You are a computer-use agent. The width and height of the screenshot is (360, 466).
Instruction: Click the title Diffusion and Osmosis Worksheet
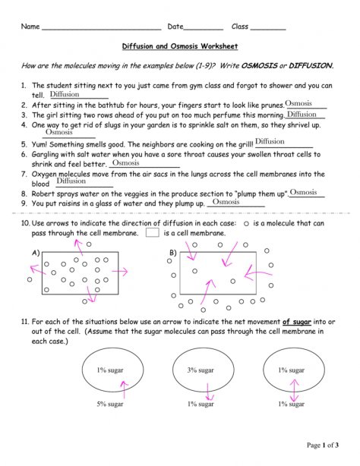(180, 46)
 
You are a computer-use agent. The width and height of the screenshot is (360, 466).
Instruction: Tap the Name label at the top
(30, 27)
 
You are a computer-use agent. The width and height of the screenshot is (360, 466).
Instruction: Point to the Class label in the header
(240, 27)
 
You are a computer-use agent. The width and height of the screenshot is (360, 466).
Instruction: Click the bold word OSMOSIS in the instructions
(260, 66)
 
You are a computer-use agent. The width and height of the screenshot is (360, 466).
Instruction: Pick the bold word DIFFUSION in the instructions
(310, 66)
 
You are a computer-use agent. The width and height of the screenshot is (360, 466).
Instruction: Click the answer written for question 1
(65, 95)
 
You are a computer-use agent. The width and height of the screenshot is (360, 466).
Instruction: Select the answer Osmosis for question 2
(298, 103)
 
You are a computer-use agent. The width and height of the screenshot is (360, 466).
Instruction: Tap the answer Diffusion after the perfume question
(302, 114)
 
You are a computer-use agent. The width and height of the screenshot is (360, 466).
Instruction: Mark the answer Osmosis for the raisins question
(226, 202)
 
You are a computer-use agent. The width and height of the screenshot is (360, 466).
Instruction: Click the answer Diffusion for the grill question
(270, 141)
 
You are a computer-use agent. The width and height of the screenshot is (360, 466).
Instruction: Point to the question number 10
(25, 224)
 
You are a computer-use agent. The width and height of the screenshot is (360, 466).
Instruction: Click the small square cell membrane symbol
(152, 233)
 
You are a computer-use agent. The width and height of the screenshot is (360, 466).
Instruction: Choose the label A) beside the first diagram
(35, 252)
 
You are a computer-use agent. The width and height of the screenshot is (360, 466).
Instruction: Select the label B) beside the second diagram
(172, 252)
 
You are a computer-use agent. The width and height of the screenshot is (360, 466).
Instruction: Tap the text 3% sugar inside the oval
(201, 370)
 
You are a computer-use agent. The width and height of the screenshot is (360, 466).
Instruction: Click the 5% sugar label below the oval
(110, 404)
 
